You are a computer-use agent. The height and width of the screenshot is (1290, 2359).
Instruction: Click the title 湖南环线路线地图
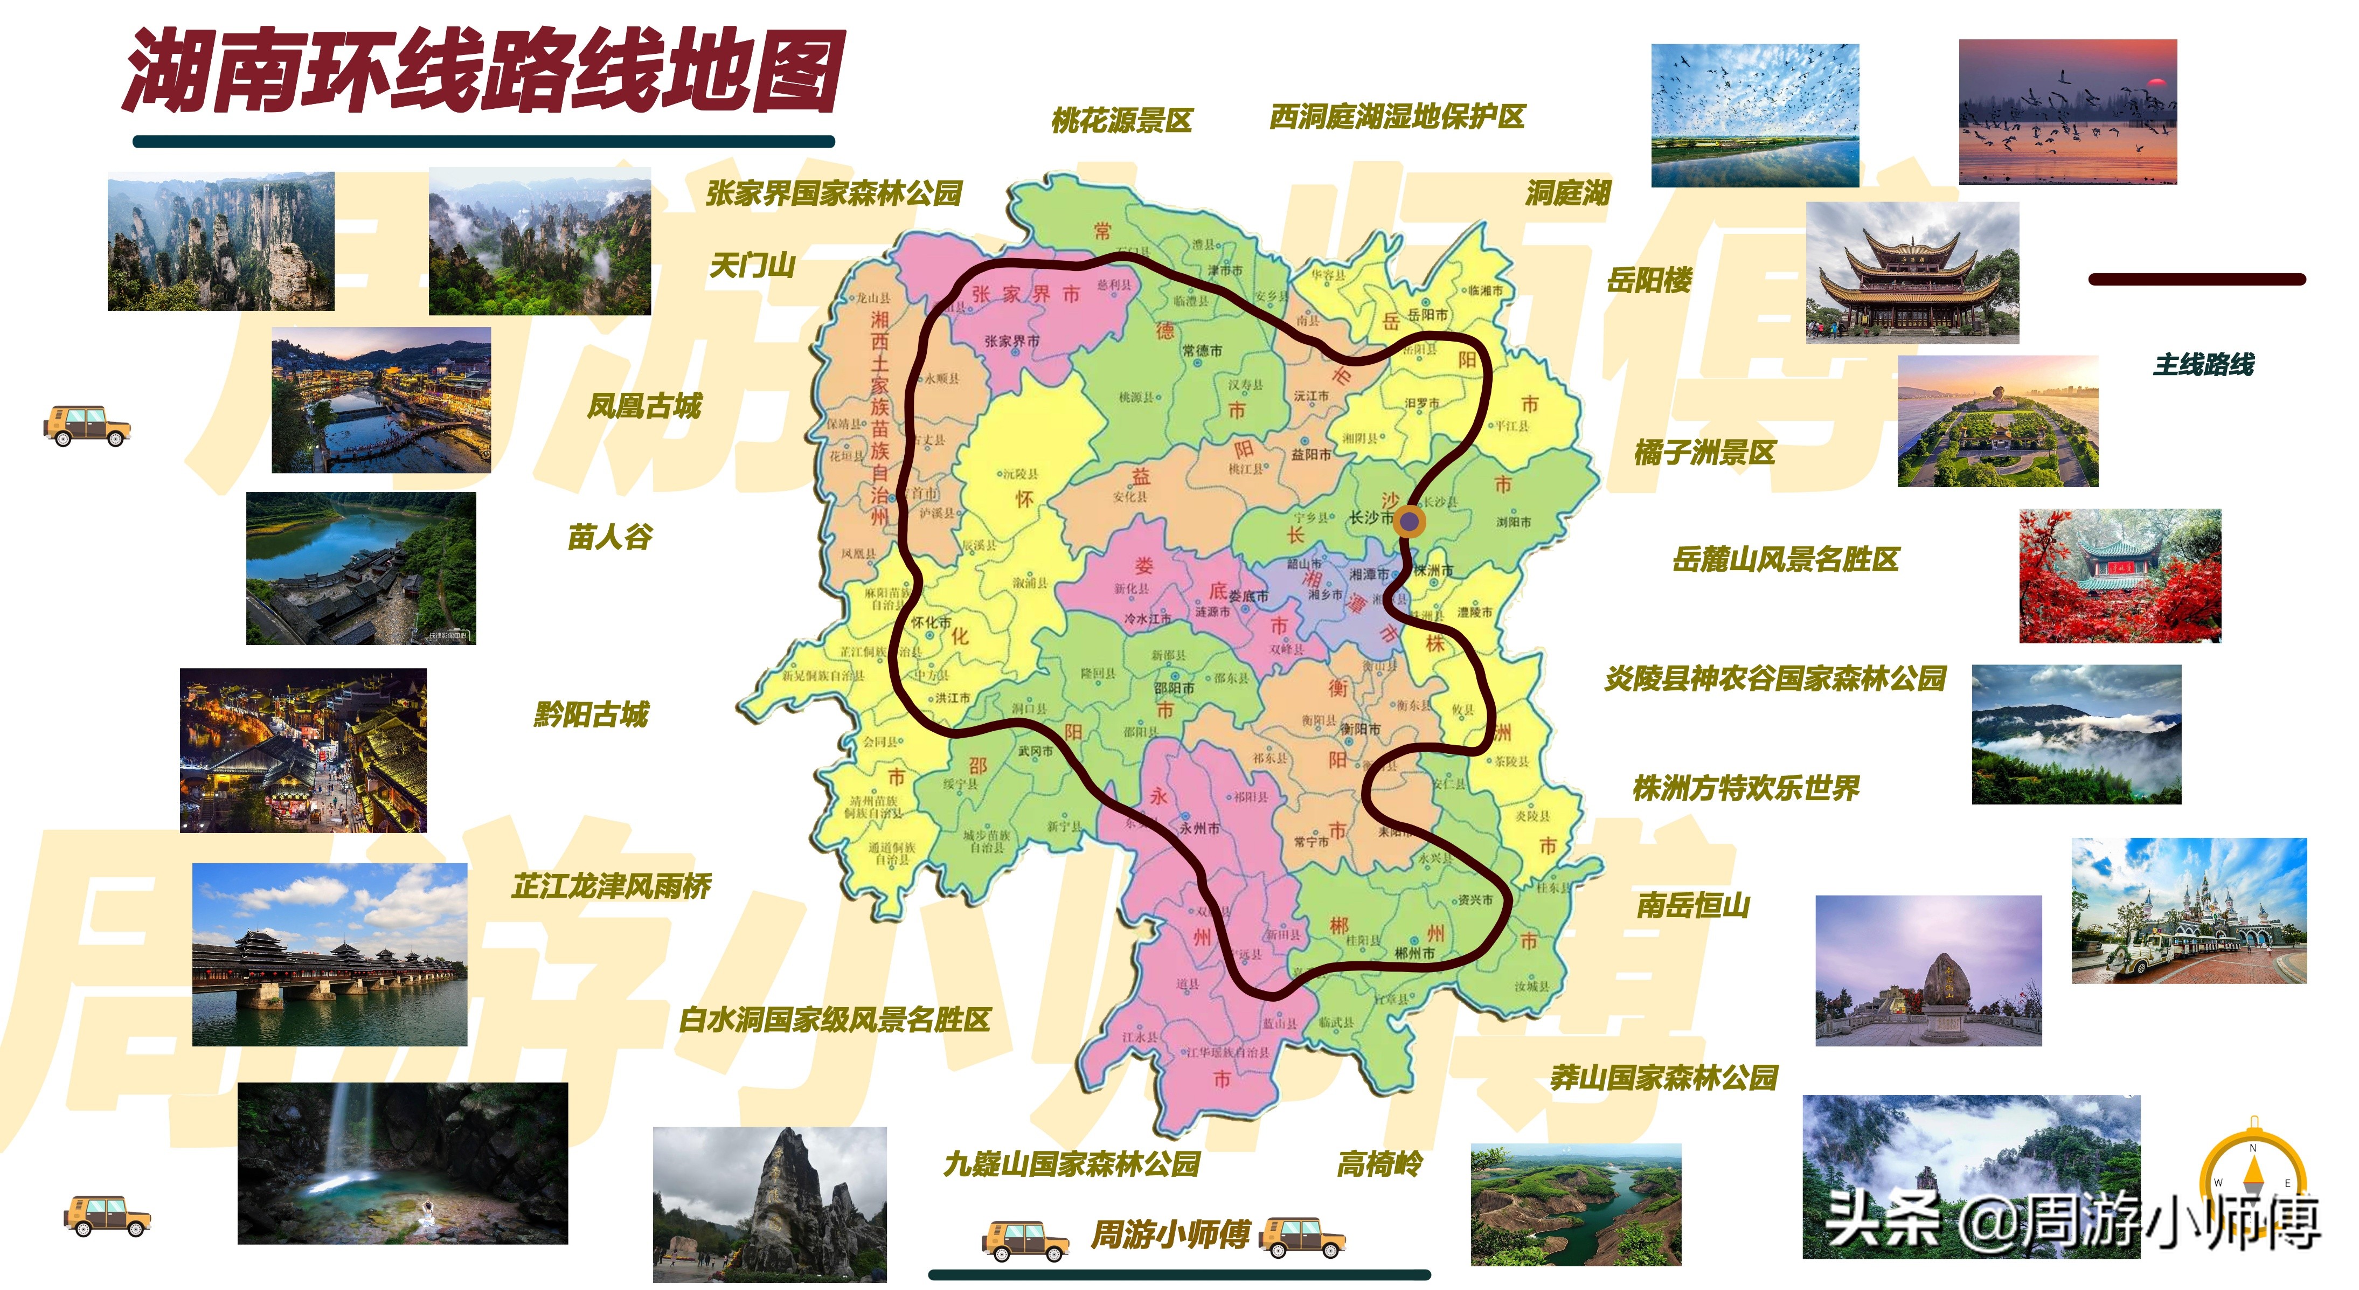coord(483,72)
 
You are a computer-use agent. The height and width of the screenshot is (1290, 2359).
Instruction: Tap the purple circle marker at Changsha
coord(1410,522)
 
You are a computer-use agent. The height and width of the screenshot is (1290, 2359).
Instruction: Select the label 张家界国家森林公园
coord(834,193)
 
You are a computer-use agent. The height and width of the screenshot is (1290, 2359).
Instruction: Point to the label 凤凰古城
coord(644,406)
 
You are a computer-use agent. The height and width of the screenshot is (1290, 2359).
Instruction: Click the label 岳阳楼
coord(1649,280)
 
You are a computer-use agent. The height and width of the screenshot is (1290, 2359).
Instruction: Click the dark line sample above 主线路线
coord(2196,279)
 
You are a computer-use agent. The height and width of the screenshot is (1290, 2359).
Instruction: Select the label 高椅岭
coord(1379,1164)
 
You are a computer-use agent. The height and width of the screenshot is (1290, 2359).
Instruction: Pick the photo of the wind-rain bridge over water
coord(330,955)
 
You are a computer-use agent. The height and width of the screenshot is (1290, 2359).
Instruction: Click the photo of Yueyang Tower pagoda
coord(1912,273)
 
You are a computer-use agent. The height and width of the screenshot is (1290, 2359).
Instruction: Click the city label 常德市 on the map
coord(1202,351)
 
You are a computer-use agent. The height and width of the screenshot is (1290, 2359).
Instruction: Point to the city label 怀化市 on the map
coord(931,622)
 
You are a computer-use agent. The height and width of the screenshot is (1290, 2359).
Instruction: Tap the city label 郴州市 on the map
coord(1415,953)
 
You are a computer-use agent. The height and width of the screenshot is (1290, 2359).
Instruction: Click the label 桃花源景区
coord(1122,120)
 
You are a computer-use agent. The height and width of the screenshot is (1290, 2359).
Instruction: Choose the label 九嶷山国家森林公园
coord(1071,1164)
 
